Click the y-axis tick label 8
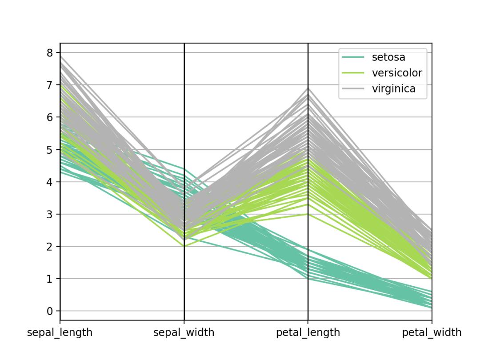pos(50,53)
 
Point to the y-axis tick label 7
pos(50,85)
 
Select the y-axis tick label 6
pos(50,117)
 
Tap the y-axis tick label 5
pos(50,150)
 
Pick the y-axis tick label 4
pos(50,182)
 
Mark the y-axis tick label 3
pos(50,214)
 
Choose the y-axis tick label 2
pos(50,247)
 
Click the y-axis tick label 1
pos(50,279)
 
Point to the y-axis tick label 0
pos(50,311)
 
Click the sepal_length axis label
pos(60,332)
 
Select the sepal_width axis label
pos(184,332)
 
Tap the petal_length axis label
pos(308,332)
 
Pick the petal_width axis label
pos(432,332)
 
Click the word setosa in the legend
pos(388,57)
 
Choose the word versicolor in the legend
pos(397,73)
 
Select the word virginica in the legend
pos(394,89)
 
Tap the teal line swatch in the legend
pos(353,57)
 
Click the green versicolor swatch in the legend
pos(353,73)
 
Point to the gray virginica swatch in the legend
pos(353,89)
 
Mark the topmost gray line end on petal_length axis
pos(308,88)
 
